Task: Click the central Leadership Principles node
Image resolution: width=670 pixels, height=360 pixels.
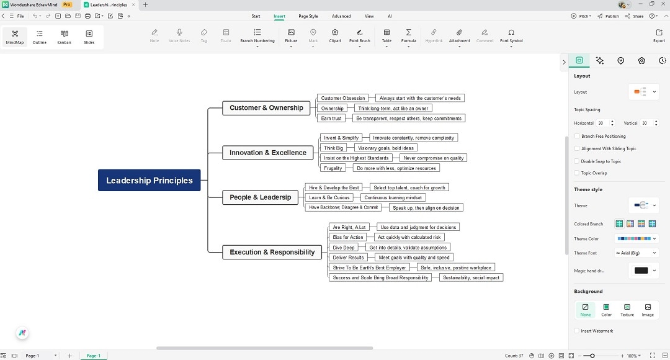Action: tap(149, 180)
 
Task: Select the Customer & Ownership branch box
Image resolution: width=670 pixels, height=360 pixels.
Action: tap(266, 108)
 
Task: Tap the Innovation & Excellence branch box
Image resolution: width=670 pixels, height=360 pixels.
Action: tap(267, 153)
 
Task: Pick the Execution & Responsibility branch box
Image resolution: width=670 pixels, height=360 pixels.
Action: tap(272, 252)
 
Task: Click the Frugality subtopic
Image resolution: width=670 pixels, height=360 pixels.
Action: tap(333, 168)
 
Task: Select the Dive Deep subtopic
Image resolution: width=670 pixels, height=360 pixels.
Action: tap(344, 248)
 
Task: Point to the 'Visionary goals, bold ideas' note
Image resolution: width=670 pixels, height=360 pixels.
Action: tap(385, 148)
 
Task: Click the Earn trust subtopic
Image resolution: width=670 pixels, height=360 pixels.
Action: tap(331, 118)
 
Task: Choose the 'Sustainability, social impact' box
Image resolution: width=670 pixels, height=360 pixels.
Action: tap(471, 277)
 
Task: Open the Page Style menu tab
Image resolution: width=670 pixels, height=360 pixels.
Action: tap(308, 16)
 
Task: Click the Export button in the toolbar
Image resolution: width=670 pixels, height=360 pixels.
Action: tap(659, 36)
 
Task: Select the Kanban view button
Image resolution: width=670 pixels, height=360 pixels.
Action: tap(64, 37)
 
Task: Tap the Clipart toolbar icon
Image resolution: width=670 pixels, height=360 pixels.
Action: tap(335, 36)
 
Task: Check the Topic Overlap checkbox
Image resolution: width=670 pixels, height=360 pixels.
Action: tap(577, 173)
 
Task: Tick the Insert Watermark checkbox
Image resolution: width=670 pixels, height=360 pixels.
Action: tap(577, 331)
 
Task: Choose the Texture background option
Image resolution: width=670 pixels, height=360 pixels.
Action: tap(627, 310)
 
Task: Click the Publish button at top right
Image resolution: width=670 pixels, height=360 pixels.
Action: tap(608, 16)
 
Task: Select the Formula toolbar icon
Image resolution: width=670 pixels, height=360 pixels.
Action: tap(408, 36)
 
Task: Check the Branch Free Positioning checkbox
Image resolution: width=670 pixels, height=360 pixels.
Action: tap(577, 136)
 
